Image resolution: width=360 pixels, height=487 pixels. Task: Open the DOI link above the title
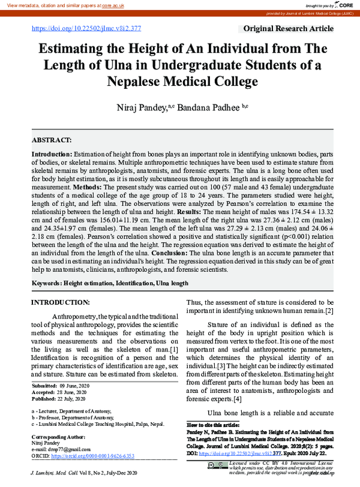86,29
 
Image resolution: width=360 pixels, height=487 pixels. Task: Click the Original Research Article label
288,29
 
